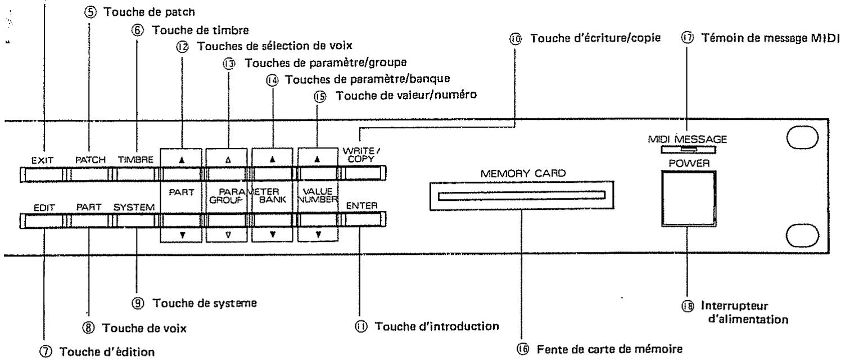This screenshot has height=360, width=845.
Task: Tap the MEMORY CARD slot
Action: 522,197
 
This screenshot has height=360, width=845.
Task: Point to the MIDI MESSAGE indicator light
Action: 688,150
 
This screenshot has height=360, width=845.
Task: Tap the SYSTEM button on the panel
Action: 135,221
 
